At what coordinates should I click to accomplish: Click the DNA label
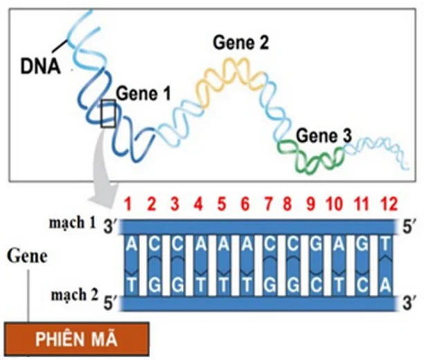(40, 67)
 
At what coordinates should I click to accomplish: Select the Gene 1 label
(143, 93)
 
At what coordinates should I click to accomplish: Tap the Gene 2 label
(240, 44)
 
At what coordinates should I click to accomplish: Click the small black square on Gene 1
(109, 114)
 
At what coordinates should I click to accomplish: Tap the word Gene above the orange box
(27, 256)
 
